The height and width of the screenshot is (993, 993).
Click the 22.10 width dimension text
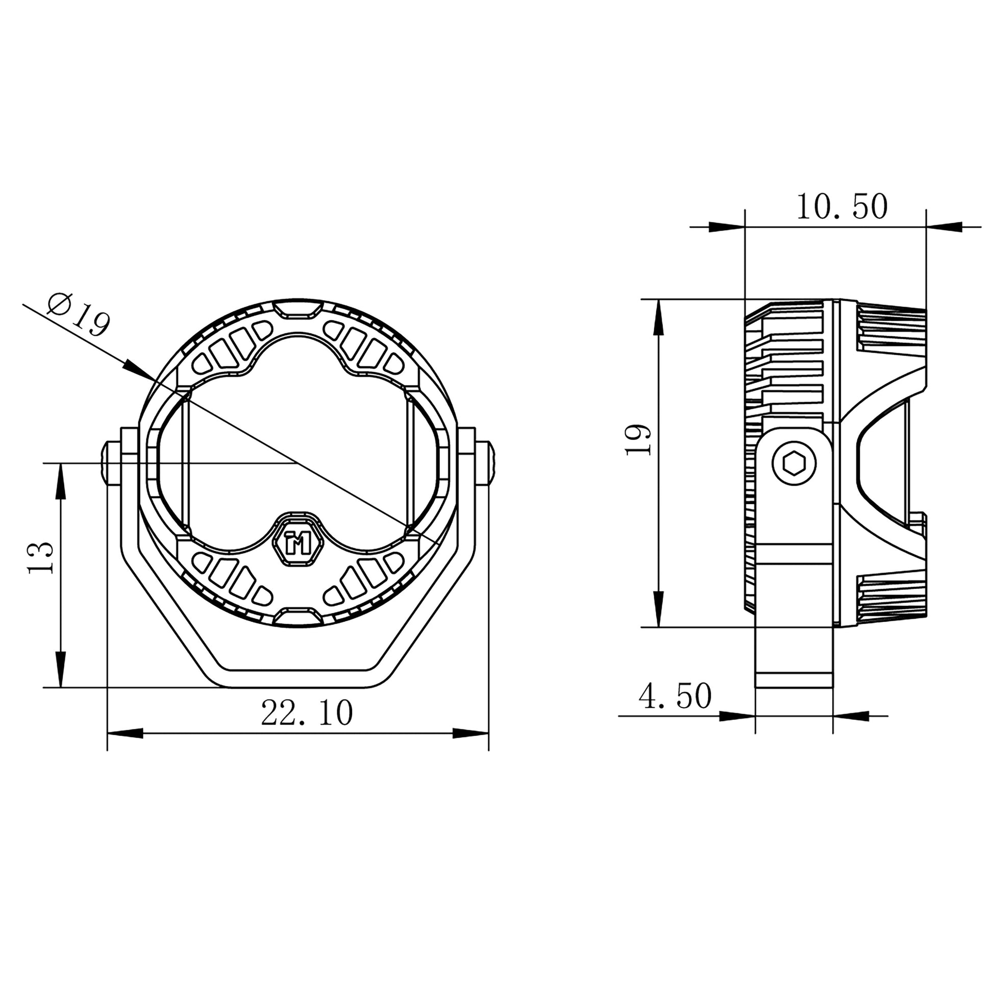307,713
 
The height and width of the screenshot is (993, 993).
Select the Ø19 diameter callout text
79,314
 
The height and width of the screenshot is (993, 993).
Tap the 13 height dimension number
41,558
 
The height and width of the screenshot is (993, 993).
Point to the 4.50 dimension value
675,697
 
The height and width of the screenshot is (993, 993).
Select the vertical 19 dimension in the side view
638,440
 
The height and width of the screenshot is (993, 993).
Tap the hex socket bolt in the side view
794,464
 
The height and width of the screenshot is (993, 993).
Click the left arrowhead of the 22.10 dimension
126,733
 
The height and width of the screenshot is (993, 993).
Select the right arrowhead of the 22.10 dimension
469,733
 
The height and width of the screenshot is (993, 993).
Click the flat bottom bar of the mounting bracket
297,679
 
